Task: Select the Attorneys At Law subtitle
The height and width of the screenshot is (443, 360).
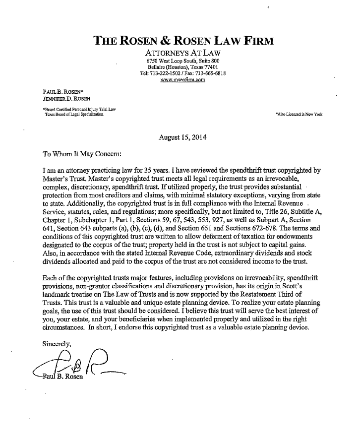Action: [x=183, y=53]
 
